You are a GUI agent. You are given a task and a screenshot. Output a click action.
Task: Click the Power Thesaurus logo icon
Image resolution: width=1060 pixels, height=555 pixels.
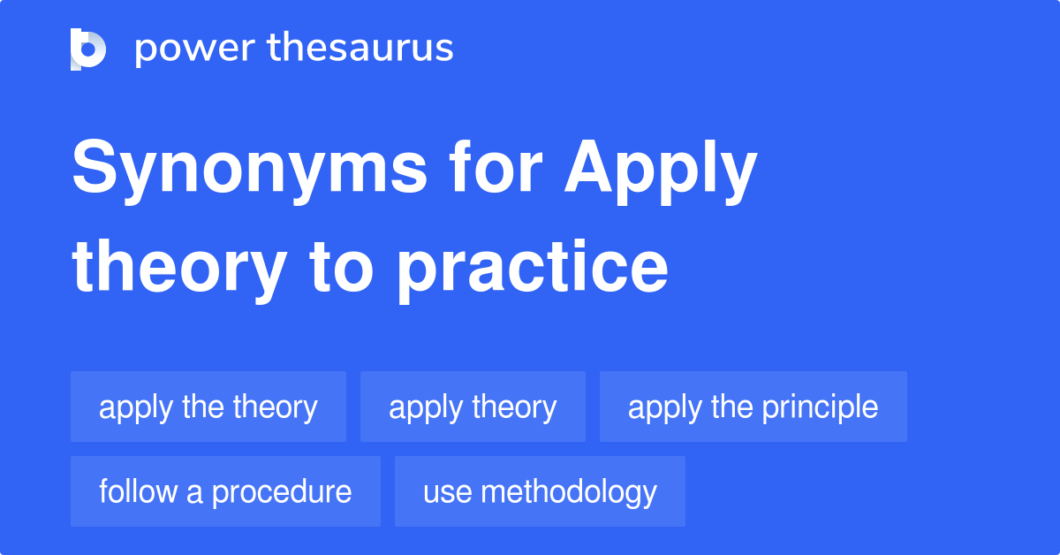pos(87,49)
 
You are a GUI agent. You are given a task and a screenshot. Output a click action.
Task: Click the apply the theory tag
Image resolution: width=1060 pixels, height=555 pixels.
pos(208,407)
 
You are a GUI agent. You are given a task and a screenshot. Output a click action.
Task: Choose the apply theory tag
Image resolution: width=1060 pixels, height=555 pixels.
pos(473,407)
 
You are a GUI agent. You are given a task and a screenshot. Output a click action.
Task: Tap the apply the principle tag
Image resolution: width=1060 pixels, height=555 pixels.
pos(753,407)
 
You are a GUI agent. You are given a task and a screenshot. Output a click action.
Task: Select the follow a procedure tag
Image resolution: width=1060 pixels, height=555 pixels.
pos(225,491)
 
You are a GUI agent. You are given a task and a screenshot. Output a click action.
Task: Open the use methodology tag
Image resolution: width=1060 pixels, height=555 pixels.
pos(540,491)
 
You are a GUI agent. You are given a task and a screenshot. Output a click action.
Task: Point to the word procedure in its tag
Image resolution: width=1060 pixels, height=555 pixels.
pos(281,492)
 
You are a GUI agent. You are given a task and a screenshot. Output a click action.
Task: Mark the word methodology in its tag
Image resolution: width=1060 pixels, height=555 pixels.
pos(571,492)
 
